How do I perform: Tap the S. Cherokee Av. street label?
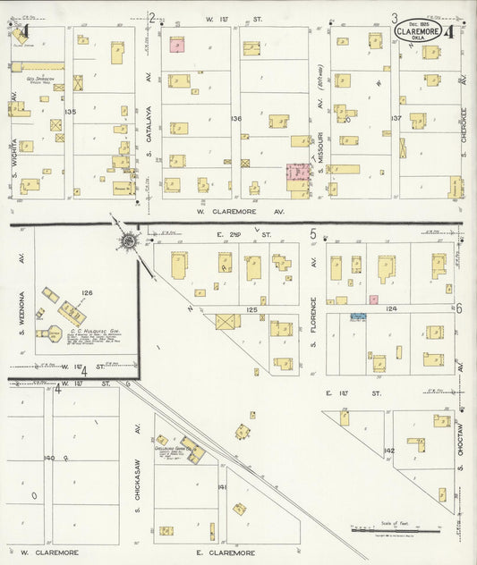[x=464, y=116]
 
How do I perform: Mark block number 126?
[x=87, y=292]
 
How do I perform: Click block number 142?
[x=388, y=451]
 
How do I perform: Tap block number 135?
[x=71, y=111]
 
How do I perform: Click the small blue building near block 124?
[x=359, y=316]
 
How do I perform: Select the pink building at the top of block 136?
[x=176, y=44]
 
